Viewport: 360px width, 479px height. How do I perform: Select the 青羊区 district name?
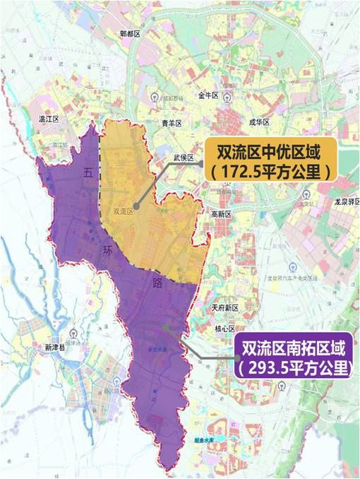172,123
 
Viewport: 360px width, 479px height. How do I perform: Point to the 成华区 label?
260,122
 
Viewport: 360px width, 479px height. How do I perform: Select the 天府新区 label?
226,309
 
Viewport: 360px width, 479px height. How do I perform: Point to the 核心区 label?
224,329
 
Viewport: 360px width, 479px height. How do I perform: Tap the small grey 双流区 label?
123,211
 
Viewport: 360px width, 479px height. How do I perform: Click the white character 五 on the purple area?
88,172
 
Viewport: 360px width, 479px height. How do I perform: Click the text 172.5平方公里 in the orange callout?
268,171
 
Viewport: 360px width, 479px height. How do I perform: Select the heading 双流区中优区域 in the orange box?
268,151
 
